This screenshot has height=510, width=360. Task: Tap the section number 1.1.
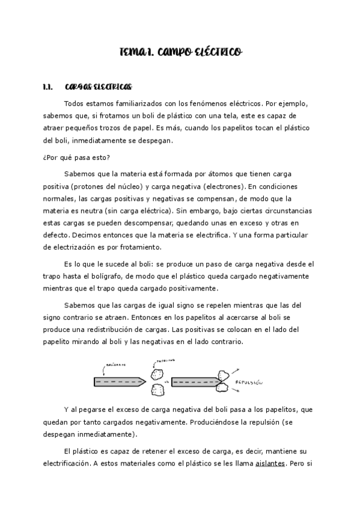tap(49, 87)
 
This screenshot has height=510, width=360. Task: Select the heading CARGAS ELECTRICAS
tap(97, 87)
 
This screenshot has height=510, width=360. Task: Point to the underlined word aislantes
tap(270, 464)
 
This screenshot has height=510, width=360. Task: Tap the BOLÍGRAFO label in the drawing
tap(115, 364)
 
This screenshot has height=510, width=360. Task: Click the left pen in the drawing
tap(120, 381)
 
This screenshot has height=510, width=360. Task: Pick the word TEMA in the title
tap(132, 54)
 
